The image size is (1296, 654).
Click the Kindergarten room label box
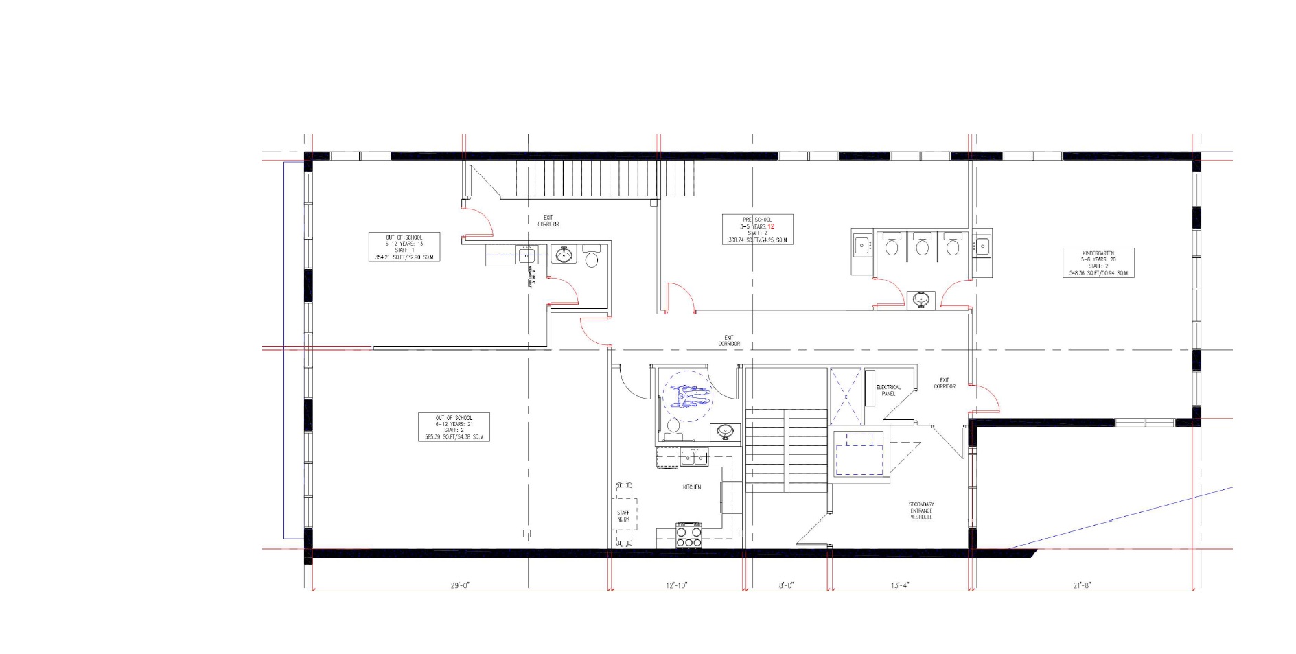pyautogui.click(x=1098, y=263)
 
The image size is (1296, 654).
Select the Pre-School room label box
pyautogui.click(x=757, y=229)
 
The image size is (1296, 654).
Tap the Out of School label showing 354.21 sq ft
pyautogui.click(x=404, y=247)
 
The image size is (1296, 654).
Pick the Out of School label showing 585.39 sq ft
pyautogui.click(x=454, y=427)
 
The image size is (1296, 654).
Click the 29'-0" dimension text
pyautogui.click(x=460, y=585)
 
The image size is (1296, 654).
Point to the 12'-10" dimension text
pyautogui.click(x=676, y=585)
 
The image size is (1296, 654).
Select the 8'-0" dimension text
pyautogui.click(x=786, y=585)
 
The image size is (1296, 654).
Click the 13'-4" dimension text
pyautogui.click(x=900, y=585)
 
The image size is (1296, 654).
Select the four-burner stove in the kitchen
pyautogui.click(x=689, y=535)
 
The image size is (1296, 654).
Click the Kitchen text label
pyautogui.click(x=692, y=487)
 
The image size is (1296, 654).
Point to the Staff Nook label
pyautogui.click(x=623, y=516)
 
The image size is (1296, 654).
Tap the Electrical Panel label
pyautogui.click(x=888, y=390)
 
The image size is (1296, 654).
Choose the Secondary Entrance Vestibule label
pyautogui.click(x=921, y=511)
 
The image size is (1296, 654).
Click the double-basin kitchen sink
pyautogui.click(x=693, y=457)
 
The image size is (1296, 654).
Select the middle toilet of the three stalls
pyautogui.click(x=922, y=246)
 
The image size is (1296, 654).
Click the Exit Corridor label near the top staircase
pyautogui.click(x=548, y=221)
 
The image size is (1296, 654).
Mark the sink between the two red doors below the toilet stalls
pyautogui.click(x=921, y=299)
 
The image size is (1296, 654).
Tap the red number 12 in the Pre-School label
pyautogui.click(x=771, y=226)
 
